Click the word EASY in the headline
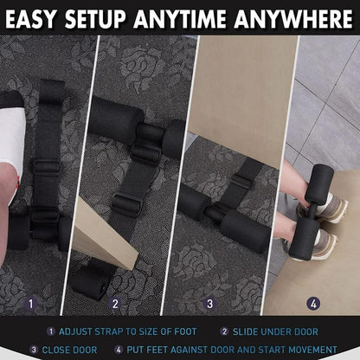[x=30, y=19]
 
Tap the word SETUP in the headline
[x=95, y=19]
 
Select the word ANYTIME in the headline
[x=180, y=19]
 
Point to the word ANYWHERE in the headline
[x=293, y=19]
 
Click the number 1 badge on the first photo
[x=31, y=304]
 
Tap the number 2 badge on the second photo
[x=115, y=304]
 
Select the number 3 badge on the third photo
[x=209, y=304]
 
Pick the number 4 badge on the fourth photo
[x=313, y=304]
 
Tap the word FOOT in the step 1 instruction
[x=185, y=331]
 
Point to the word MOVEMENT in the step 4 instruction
[x=312, y=350]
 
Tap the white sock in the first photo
[x=11, y=138]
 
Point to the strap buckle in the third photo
[x=241, y=180]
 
